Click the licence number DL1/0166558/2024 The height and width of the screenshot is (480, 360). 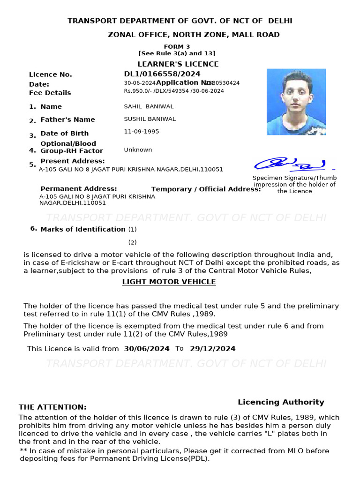coord(162,74)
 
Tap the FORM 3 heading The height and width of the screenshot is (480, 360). coord(177,46)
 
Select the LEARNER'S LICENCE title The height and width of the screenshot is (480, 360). coord(178,64)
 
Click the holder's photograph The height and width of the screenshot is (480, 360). coord(296,102)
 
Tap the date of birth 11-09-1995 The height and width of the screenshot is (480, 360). coord(141,132)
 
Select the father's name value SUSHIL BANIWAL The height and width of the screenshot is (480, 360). coord(150,119)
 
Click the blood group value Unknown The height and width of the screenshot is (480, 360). coord(138,150)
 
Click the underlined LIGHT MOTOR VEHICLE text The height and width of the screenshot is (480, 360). coord(169,282)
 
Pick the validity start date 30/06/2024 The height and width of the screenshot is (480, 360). coord(147,349)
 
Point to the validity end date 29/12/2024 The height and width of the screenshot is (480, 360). coord(212,349)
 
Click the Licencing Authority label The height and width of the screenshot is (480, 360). coord(281,402)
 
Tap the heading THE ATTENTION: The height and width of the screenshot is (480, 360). coord(52,407)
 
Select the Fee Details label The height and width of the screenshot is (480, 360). coord(50,93)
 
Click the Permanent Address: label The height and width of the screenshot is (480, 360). coord(78,189)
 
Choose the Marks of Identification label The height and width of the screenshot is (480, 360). coord(82,229)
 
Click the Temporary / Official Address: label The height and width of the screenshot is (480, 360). coord(206,189)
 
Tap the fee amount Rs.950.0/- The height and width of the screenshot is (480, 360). coord(137,91)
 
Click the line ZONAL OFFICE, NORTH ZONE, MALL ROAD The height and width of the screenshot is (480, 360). coord(194,35)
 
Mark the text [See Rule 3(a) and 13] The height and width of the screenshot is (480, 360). coord(177,53)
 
